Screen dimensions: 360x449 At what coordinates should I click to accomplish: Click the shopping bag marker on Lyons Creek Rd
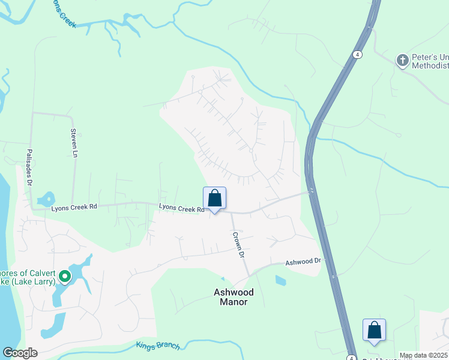coord(215,199)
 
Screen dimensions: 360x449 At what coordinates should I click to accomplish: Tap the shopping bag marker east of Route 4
coord(374,330)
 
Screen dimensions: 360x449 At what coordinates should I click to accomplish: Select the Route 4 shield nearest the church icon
coord(358,54)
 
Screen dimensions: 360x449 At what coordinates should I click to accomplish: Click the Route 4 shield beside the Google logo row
coord(350,354)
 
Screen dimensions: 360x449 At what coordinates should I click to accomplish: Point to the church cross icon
coord(402,59)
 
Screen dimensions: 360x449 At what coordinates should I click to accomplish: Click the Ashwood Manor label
coord(234,297)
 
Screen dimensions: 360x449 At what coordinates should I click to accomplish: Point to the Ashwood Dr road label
coord(303,262)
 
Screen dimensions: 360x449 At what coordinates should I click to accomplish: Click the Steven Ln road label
coord(74,143)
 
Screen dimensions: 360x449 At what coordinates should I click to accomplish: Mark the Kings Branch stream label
coord(157,345)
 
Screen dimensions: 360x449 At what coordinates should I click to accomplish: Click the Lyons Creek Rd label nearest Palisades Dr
coord(74,208)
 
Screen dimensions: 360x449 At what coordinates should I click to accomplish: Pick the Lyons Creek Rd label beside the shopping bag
coord(181,208)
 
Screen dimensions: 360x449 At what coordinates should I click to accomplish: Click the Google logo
coord(20,353)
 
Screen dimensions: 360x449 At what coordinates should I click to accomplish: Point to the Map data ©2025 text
coord(423,355)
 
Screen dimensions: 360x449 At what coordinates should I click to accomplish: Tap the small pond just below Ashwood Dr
coord(280,280)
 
